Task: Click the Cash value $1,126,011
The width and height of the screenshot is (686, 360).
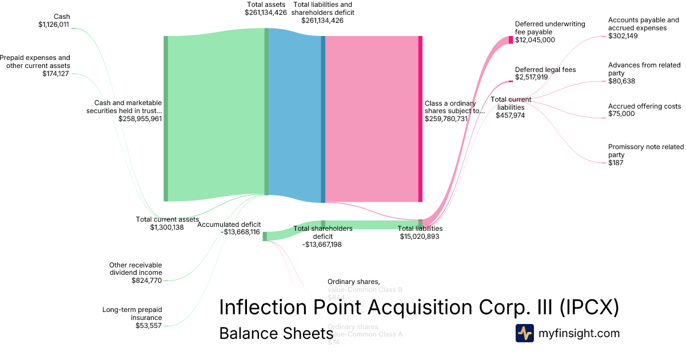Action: click(x=54, y=25)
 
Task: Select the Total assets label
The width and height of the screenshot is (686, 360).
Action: click(x=266, y=5)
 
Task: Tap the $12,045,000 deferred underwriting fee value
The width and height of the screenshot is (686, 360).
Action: click(x=535, y=40)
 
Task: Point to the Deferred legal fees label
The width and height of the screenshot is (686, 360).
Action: click(x=545, y=70)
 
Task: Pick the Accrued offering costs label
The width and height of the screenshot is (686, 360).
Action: click(x=644, y=106)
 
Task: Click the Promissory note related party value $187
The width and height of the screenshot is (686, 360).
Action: click(x=616, y=163)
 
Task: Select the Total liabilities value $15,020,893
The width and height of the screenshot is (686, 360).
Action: click(x=420, y=236)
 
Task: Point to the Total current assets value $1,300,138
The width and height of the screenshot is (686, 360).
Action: click(x=167, y=227)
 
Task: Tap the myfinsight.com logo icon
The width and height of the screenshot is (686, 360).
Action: click(x=524, y=333)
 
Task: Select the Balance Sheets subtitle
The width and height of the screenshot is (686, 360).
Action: click(x=276, y=333)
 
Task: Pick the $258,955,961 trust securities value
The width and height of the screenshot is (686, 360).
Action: click(x=140, y=119)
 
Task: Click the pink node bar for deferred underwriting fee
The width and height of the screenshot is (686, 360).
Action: click(x=511, y=40)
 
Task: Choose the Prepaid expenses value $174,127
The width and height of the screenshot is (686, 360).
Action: click(x=55, y=74)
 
